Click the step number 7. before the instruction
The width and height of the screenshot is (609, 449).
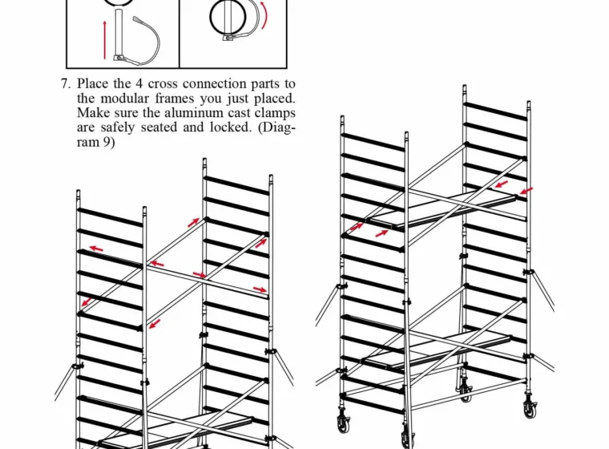click(x=66, y=84)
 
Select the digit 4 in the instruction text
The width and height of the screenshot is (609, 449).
click(x=139, y=84)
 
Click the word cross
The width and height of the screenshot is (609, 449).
click(x=163, y=84)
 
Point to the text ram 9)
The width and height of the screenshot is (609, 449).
click(x=95, y=142)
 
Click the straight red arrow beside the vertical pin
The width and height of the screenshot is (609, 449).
click(x=104, y=40)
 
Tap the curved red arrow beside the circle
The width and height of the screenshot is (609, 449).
click(x=265, y=14)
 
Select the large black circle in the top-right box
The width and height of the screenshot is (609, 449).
click(x=228, y=18)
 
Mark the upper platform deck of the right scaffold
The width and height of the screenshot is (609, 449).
click(x=442, y=210)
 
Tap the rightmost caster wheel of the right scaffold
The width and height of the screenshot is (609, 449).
click(x=529, y=409)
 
